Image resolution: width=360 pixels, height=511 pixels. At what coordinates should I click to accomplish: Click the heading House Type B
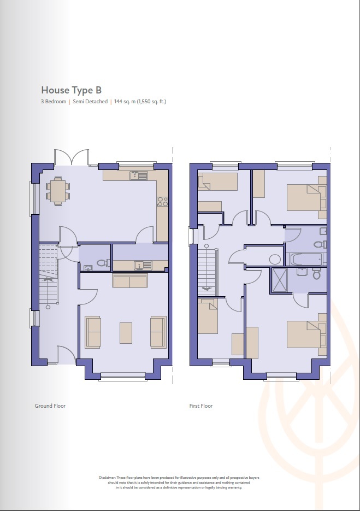(71, 90)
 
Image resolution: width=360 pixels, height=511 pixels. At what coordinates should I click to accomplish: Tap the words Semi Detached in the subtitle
(90, 102)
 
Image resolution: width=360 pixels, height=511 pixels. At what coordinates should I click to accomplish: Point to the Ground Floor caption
(51, 406)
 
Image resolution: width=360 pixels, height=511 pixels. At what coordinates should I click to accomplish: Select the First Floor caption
(200, 406)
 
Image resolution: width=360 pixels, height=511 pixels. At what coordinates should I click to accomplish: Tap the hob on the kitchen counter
(162, 202)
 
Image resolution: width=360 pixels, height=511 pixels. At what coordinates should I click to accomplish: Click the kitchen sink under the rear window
(139, 175)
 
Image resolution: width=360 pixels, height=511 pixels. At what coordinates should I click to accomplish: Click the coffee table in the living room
(126, 332)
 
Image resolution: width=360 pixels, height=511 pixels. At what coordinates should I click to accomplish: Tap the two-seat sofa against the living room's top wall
(129, 281)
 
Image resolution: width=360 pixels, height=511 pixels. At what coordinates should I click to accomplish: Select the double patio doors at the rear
(71, 157)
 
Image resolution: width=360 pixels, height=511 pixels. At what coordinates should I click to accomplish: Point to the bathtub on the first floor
(305, 259)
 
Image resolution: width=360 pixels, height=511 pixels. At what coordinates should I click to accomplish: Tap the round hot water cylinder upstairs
(275, 259)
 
